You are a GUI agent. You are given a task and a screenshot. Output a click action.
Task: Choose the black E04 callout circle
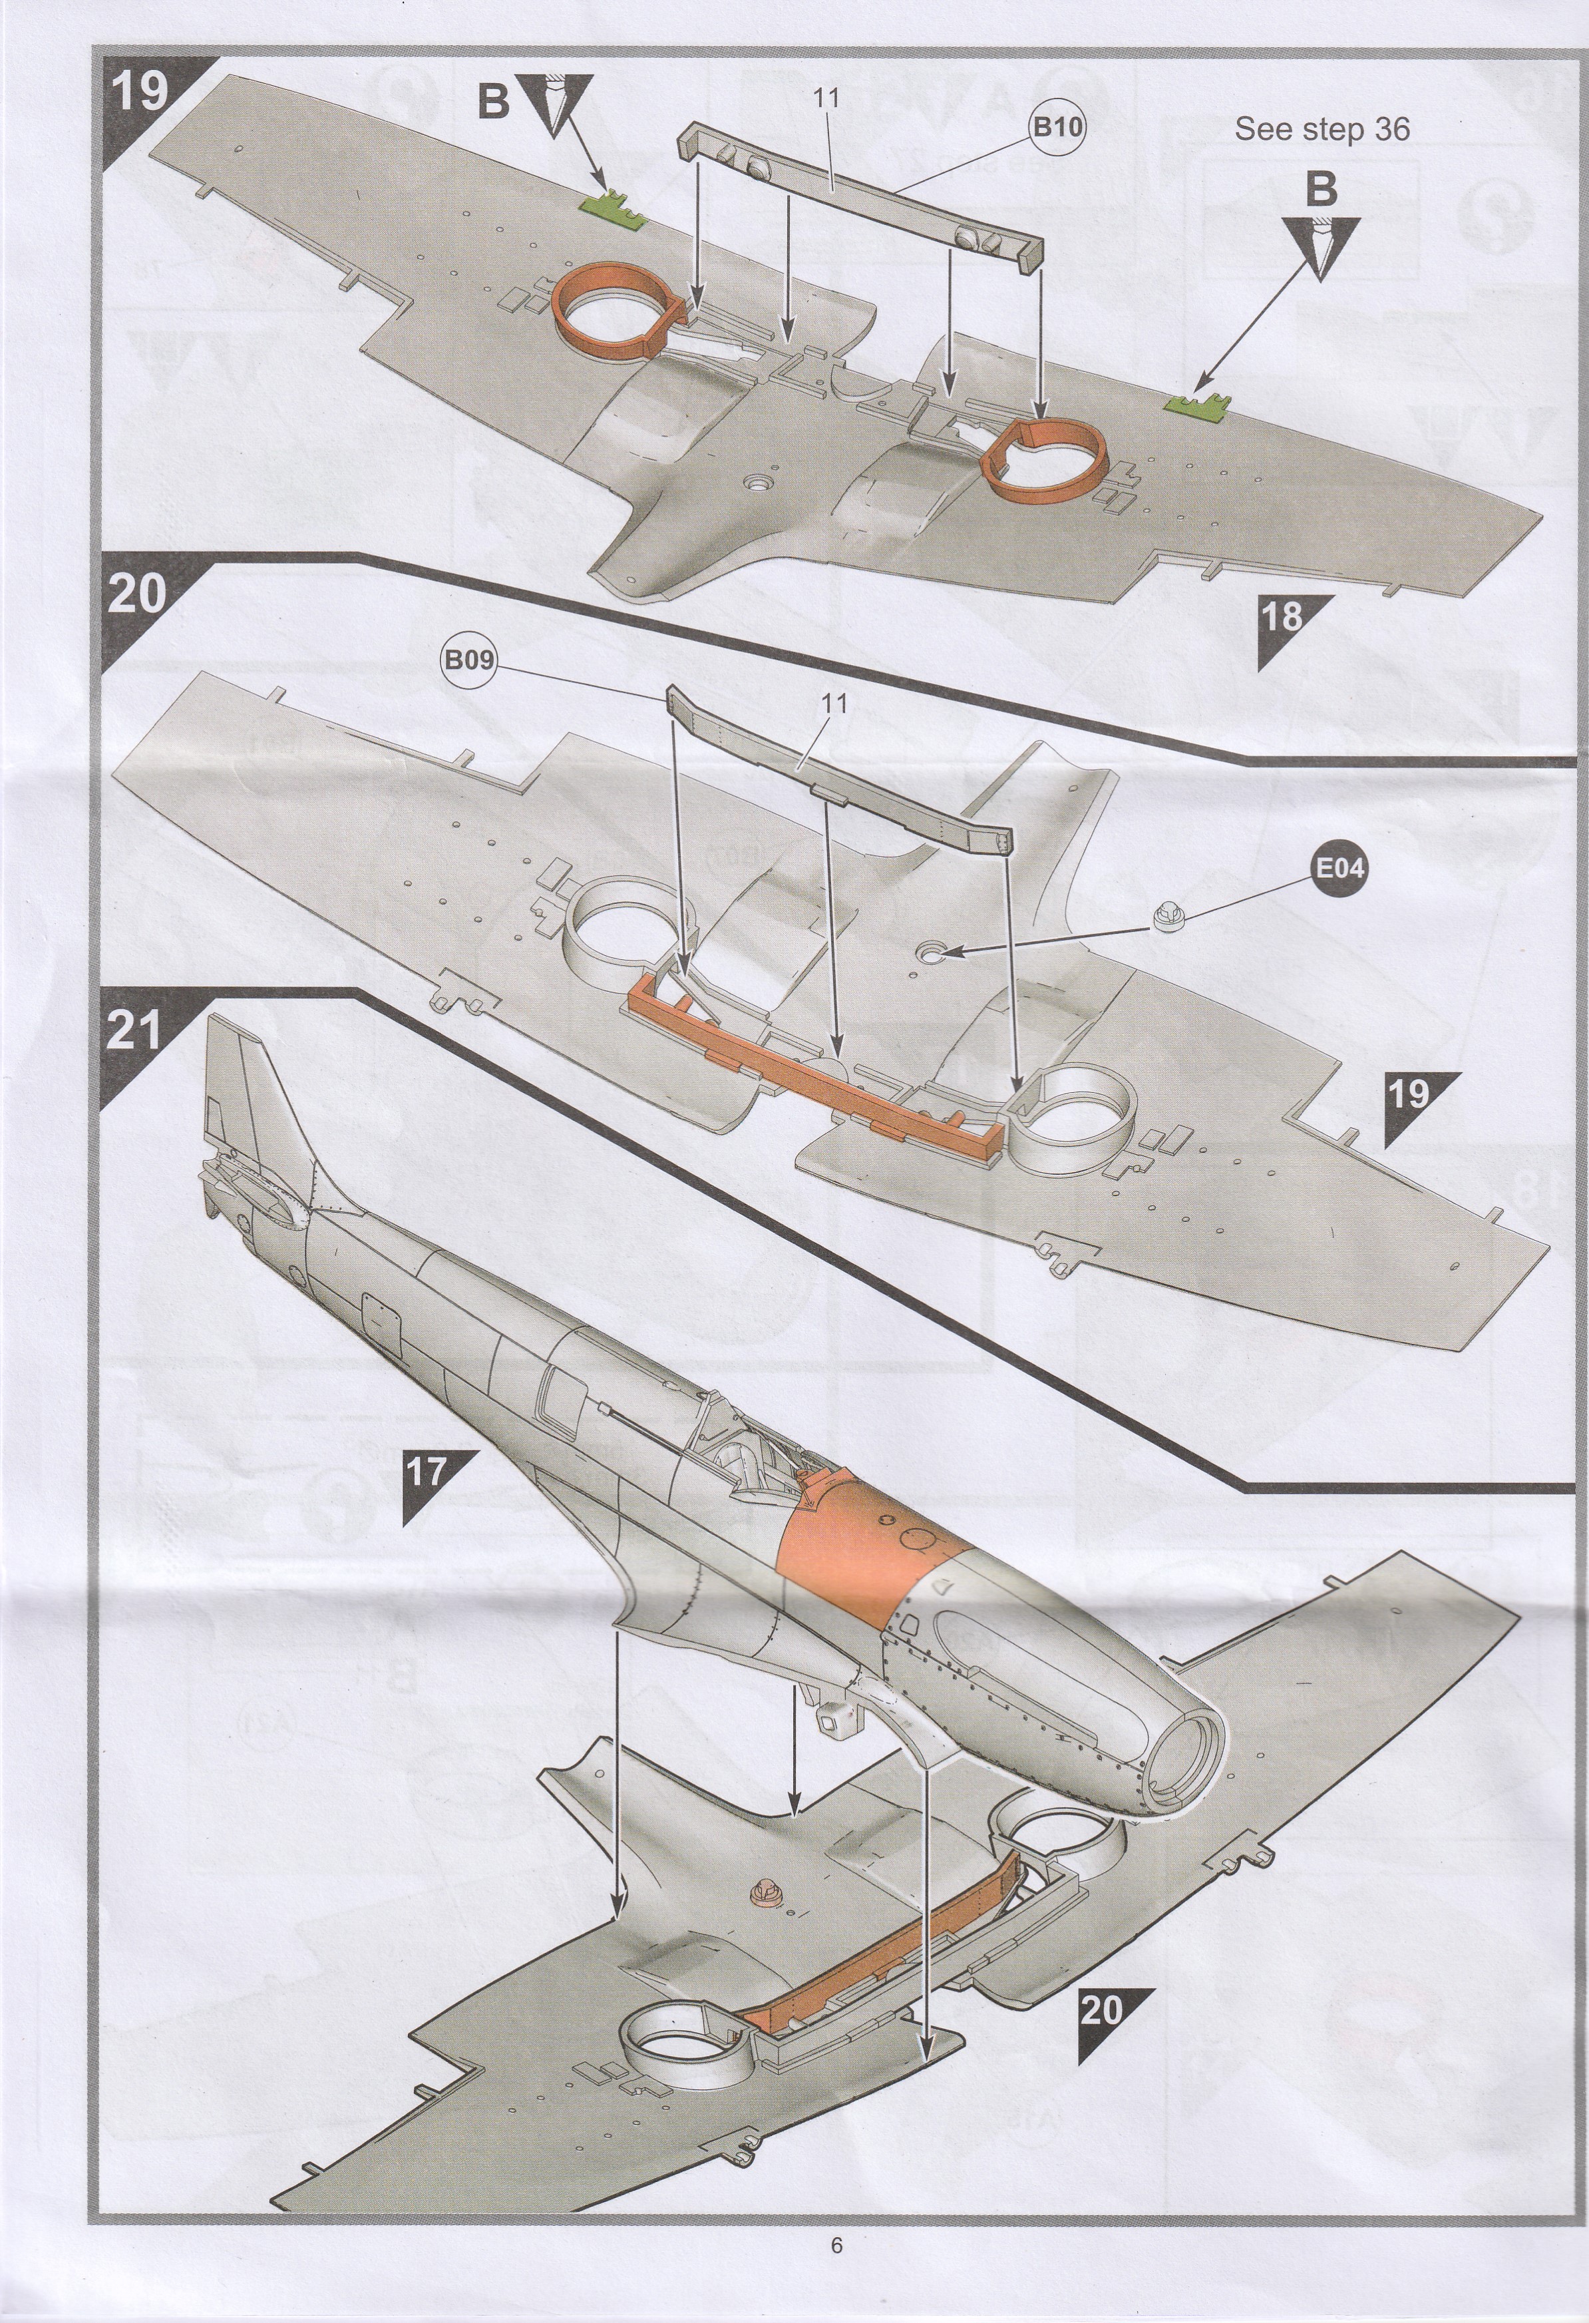coord(1337,867)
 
